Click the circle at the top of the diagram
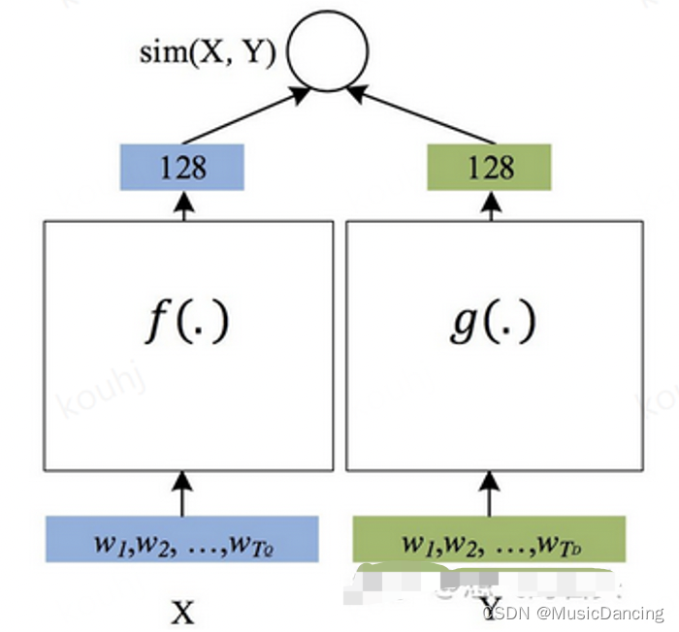328,50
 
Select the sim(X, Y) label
207,50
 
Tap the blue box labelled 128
182,167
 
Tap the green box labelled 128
489,167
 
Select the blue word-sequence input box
182,539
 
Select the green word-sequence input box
489,539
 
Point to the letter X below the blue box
182,613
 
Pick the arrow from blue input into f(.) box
182,492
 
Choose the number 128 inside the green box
490,167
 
